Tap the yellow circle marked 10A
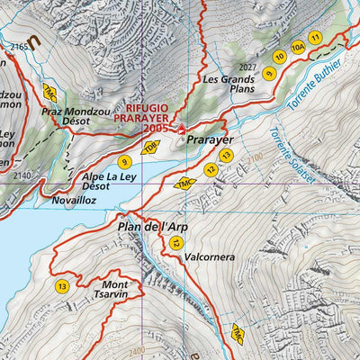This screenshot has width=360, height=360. tap(298, 47)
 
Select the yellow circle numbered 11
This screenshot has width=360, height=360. tap(315, 37)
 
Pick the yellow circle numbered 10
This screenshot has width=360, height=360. tap(279, 56)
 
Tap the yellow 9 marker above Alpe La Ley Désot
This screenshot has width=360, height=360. tap(124, 162)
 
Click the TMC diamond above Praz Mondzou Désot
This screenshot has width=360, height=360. tap(49, 91)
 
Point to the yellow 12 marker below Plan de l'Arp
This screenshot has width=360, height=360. tap(177, 243)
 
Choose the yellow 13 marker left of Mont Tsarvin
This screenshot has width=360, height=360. tap(61, 286)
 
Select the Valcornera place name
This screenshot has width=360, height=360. tap(211, 254)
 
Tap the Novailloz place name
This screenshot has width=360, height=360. tap(74, 202)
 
